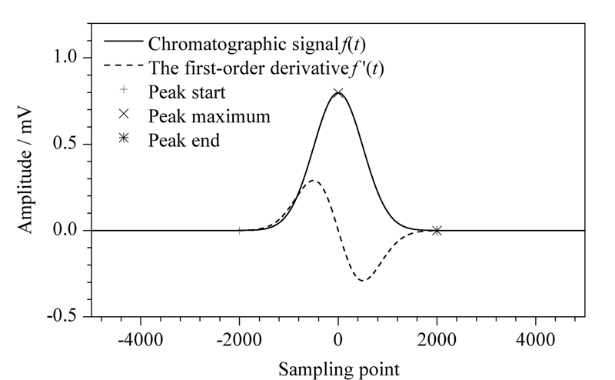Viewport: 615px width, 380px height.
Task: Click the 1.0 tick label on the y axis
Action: point(65,58)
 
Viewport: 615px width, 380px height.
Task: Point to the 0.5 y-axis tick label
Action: point(65,144)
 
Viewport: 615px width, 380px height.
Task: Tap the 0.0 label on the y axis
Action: point(65,230)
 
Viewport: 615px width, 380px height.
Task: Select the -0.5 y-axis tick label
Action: point(62,316)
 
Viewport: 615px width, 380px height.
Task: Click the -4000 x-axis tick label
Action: point(141,339)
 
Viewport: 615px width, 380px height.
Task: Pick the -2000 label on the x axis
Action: point(239,339)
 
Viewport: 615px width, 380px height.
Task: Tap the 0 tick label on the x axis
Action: point(338,339)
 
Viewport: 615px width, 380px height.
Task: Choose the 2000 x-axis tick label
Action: point(437,339)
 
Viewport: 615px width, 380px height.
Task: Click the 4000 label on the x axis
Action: point(535,339)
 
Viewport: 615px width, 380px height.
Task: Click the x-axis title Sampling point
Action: point(339,370)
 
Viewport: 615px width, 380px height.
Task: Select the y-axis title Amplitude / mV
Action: point(25,170)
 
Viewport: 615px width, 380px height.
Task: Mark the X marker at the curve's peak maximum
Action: point(338,93)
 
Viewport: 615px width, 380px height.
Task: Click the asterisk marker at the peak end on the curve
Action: point(437,231)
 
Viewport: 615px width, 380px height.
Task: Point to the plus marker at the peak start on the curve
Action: point(239,231)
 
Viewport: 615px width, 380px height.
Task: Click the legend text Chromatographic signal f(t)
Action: point(257,44)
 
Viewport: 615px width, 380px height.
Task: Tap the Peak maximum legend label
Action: point(209,116)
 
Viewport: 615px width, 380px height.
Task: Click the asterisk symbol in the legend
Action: point(124,138)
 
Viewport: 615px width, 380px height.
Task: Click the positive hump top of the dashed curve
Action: point(313,181)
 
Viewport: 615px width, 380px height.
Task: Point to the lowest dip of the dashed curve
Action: point(363,280)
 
